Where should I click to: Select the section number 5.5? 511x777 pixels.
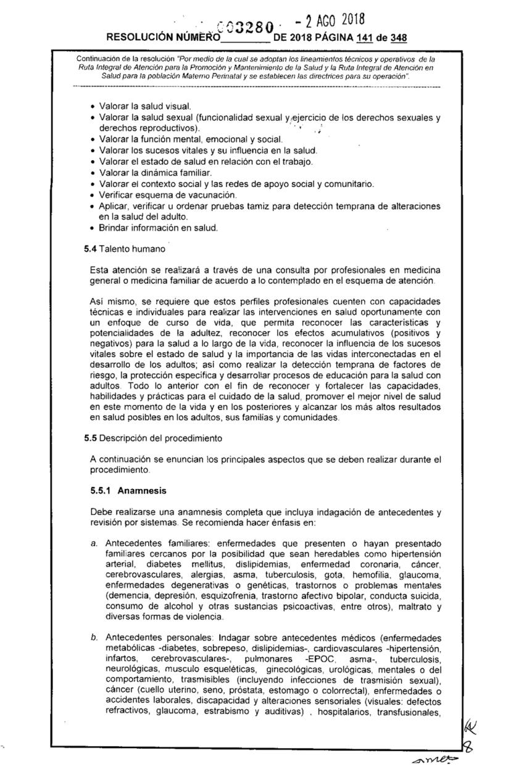pos(90,439)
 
